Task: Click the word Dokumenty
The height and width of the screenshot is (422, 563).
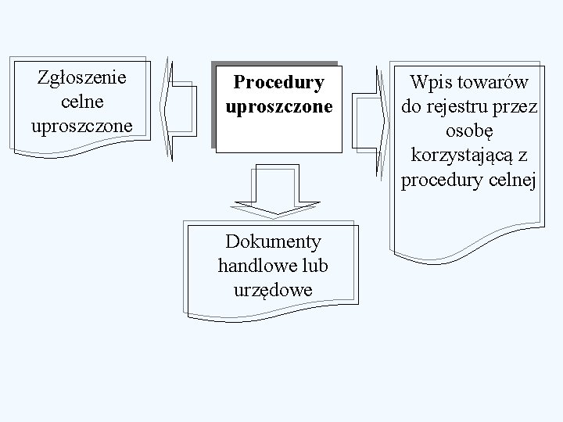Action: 273,241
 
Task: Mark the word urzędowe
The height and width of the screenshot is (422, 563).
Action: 273,290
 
